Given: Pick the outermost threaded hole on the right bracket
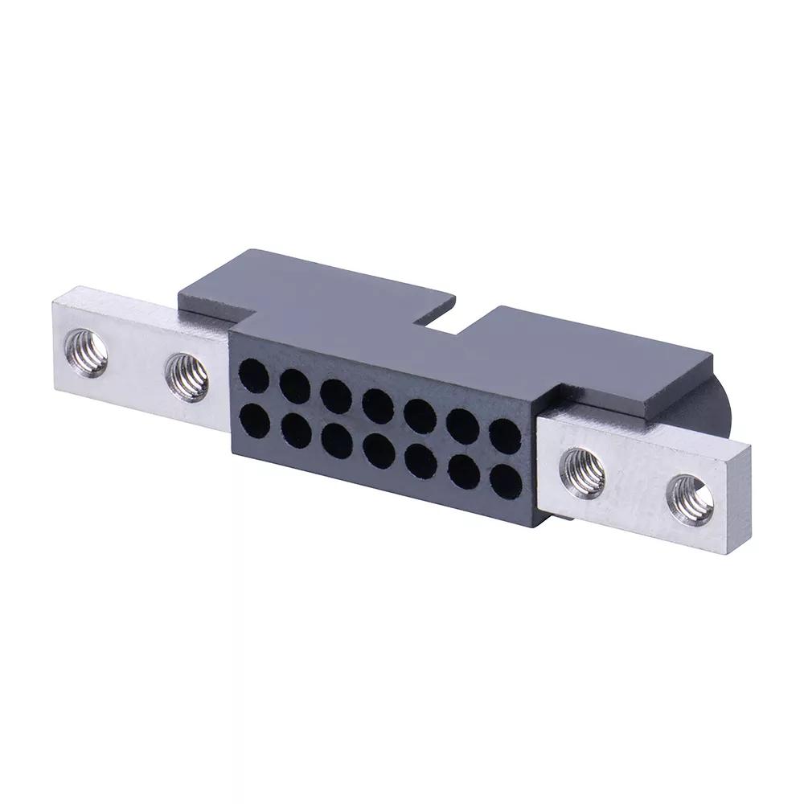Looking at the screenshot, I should tap(691, 499).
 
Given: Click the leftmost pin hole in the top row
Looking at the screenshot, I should tap(254, 375).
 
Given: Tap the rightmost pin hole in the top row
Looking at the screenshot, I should tap(505, 437).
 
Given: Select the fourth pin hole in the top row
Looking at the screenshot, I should tap(377, 405).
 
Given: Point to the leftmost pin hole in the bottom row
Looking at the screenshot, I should tap(255, 419).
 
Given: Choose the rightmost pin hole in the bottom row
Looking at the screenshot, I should tap(505, 482).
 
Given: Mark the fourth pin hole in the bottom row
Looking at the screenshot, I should tap(377, 450).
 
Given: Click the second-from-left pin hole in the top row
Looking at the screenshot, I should tap(295, 386).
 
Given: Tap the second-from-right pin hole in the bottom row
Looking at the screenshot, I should tap(464, 473).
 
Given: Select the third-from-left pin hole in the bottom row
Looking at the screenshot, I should tap(337, 441).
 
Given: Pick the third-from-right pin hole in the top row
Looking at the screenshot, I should tap(419, 416).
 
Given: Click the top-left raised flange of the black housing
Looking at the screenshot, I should tap(306, 285).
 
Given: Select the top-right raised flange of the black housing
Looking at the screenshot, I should tap(595, 354).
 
